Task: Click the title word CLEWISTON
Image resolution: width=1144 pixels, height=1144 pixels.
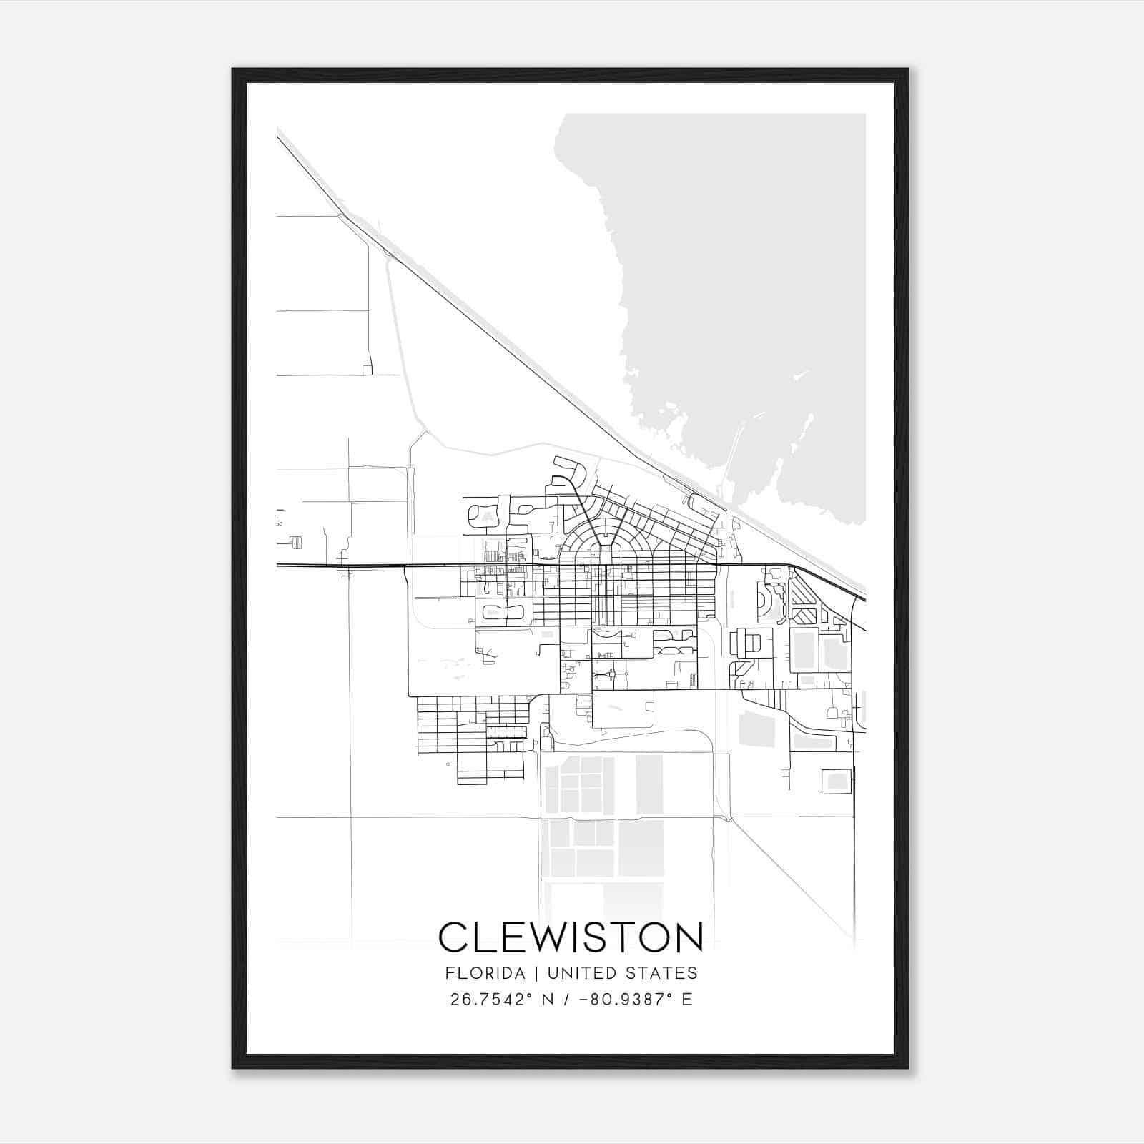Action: click(x=571, y=937)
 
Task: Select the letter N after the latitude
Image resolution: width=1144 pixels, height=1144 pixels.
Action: click(x=548, y=999)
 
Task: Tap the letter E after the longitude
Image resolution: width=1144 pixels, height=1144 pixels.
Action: click(x=686, y=999)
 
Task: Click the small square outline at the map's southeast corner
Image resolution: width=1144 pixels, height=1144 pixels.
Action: click(x=837, y=781)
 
